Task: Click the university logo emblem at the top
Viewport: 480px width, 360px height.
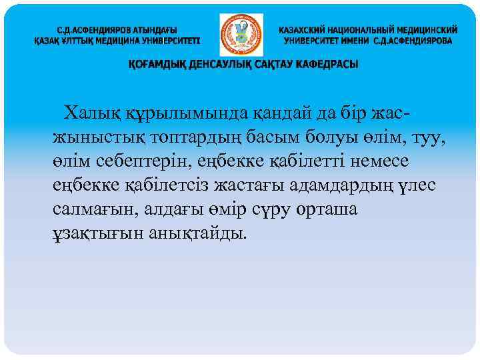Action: point(241,35)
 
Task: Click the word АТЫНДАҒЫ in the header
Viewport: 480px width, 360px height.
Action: point(151,30)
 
